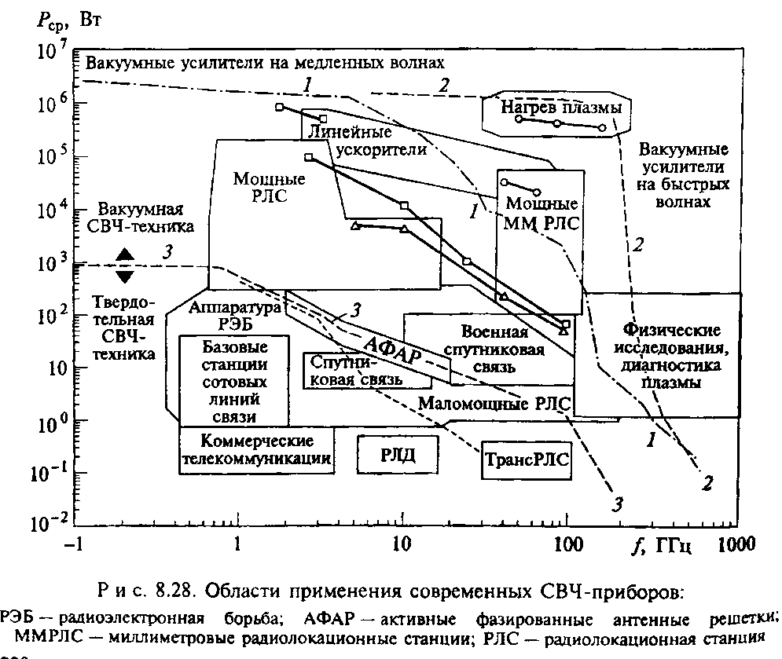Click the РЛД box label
(x=397, y=454)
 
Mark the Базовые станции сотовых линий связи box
(x=234, y=380)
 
